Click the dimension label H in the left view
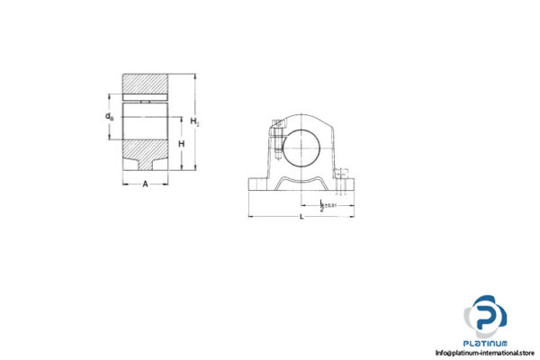click(181, 144)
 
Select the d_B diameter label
click(110, 116)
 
